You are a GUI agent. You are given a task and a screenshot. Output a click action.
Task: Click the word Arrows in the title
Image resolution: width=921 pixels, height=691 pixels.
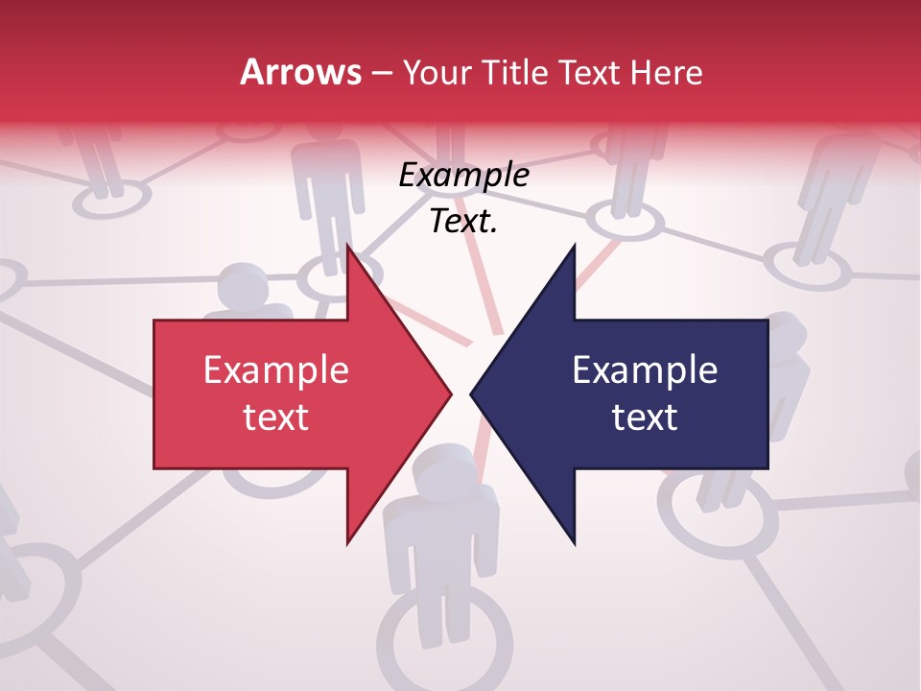point(299,72)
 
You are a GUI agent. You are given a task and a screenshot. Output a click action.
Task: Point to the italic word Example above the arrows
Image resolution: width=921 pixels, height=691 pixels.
point(463,176)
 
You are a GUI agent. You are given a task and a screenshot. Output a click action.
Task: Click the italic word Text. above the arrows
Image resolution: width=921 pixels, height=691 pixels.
point(463,222)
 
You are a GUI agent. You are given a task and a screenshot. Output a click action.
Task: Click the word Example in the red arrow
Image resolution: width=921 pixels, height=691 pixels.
point(276,370)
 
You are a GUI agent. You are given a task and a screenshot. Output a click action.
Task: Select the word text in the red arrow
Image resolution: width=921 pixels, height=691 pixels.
point(276,417)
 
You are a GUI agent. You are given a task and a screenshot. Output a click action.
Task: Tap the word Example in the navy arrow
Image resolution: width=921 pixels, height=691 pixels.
point(645,370)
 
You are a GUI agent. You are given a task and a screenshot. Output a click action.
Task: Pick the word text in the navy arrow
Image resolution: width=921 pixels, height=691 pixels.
point(645,417)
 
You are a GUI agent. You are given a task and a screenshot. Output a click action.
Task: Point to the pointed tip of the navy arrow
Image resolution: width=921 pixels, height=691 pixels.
point(472,393)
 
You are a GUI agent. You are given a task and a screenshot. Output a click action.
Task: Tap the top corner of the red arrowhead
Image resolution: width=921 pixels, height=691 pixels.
point(348,248)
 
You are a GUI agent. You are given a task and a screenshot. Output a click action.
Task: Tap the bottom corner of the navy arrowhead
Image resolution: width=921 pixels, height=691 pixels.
point(574,542)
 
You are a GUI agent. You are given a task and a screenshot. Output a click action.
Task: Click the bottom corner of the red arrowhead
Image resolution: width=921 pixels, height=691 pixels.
point(348,542)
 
